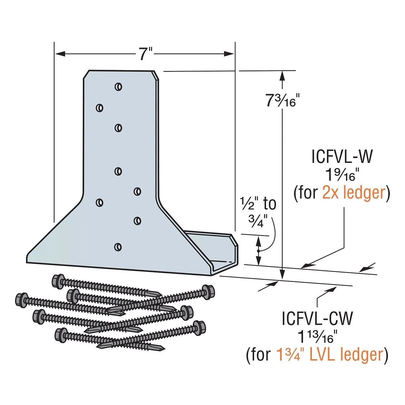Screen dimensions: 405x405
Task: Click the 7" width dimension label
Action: tap(145, 54)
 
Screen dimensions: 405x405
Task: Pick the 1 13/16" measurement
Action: tap(317, 337)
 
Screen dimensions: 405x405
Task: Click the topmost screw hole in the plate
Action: tap(118, 87)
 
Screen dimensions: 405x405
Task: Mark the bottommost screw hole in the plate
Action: tap(117, 247)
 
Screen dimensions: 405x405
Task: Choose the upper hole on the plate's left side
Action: tap(99, 108)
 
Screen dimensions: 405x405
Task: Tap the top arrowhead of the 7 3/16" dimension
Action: tap(282, 75)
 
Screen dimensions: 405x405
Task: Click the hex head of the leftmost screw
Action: tap(21, 299)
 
